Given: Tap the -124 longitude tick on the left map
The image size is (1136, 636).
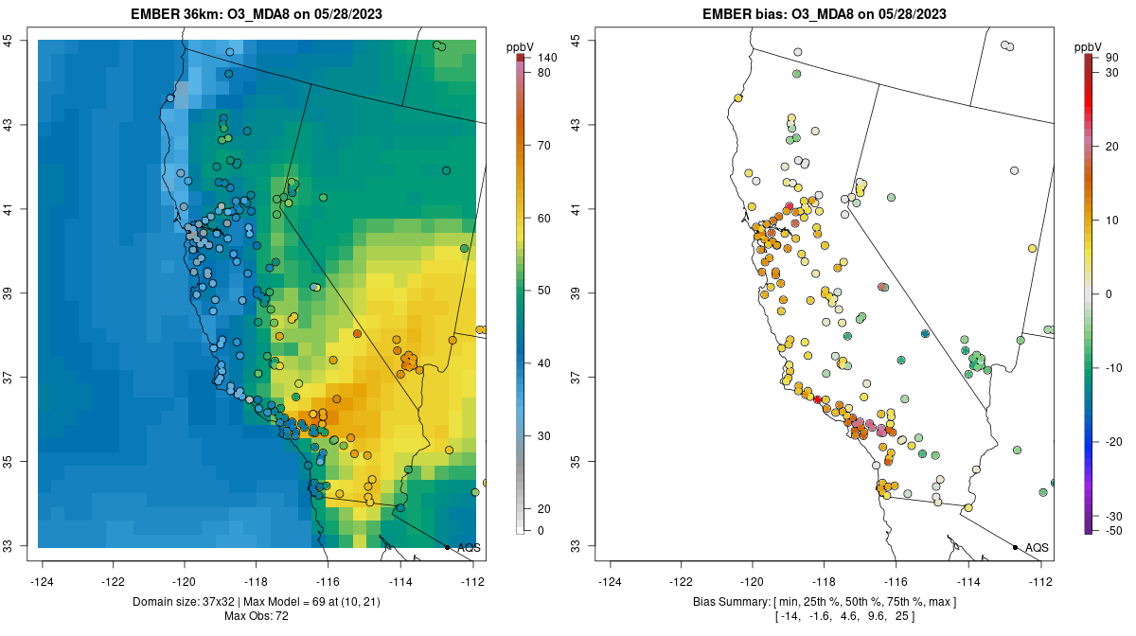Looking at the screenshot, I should (43, 581).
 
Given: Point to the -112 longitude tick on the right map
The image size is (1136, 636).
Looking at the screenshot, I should (1040, 581).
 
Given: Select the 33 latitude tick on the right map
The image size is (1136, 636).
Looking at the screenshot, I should (576, 546).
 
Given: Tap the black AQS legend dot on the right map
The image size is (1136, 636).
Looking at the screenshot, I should (1015, 547).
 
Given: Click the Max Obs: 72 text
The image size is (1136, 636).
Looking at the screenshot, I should (257, 616).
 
